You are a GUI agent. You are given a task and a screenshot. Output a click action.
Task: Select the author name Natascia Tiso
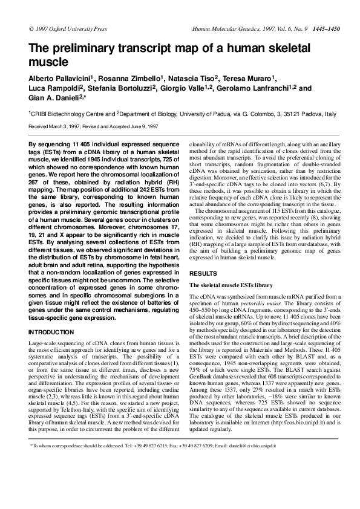197,79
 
